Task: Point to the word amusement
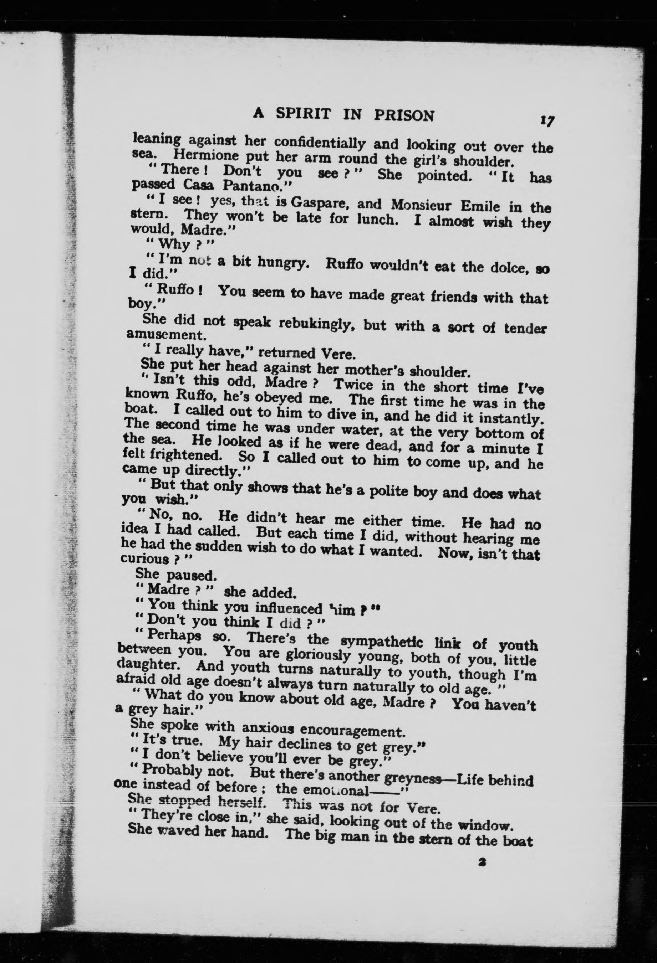pos(159,334)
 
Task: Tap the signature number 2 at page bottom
pos(482,862)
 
